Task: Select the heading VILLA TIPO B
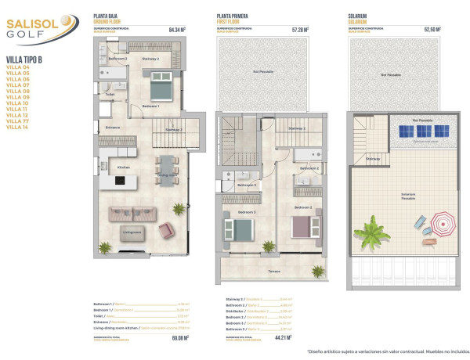tap(24, 59)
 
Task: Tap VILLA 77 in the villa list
tap(17, 121)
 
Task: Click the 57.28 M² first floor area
tap(300, 30)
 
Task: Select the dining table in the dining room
tap(166, 170)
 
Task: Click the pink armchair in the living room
tap(167, 229)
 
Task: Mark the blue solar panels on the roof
tap(422, 131)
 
